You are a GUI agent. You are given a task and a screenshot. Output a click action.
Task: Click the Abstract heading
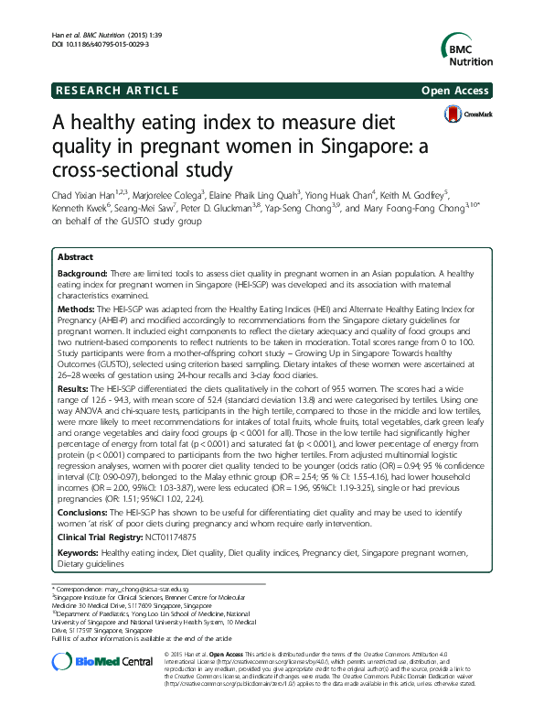(x=78, y=259)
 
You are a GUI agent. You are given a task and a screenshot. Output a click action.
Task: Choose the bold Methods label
(x=76, y=310)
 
